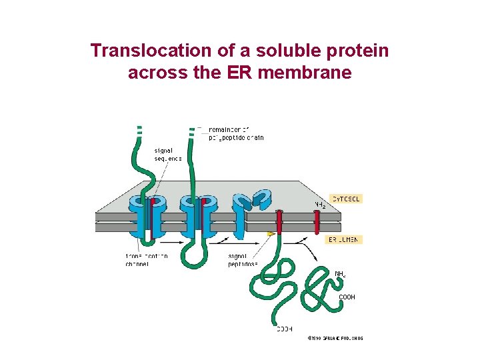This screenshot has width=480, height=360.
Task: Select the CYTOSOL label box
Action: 346,199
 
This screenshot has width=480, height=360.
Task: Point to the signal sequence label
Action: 168,155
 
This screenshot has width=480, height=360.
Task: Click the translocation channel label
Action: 147,260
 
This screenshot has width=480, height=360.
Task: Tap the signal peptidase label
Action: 243,260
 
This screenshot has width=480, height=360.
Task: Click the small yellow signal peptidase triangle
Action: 271,234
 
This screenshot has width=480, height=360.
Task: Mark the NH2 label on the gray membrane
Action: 320,204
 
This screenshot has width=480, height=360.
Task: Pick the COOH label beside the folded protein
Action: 347,297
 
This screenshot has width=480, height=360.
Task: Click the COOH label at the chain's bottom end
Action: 285,328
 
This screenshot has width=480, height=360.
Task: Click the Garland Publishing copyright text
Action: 335,339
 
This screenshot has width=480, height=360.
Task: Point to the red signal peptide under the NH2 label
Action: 317,223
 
